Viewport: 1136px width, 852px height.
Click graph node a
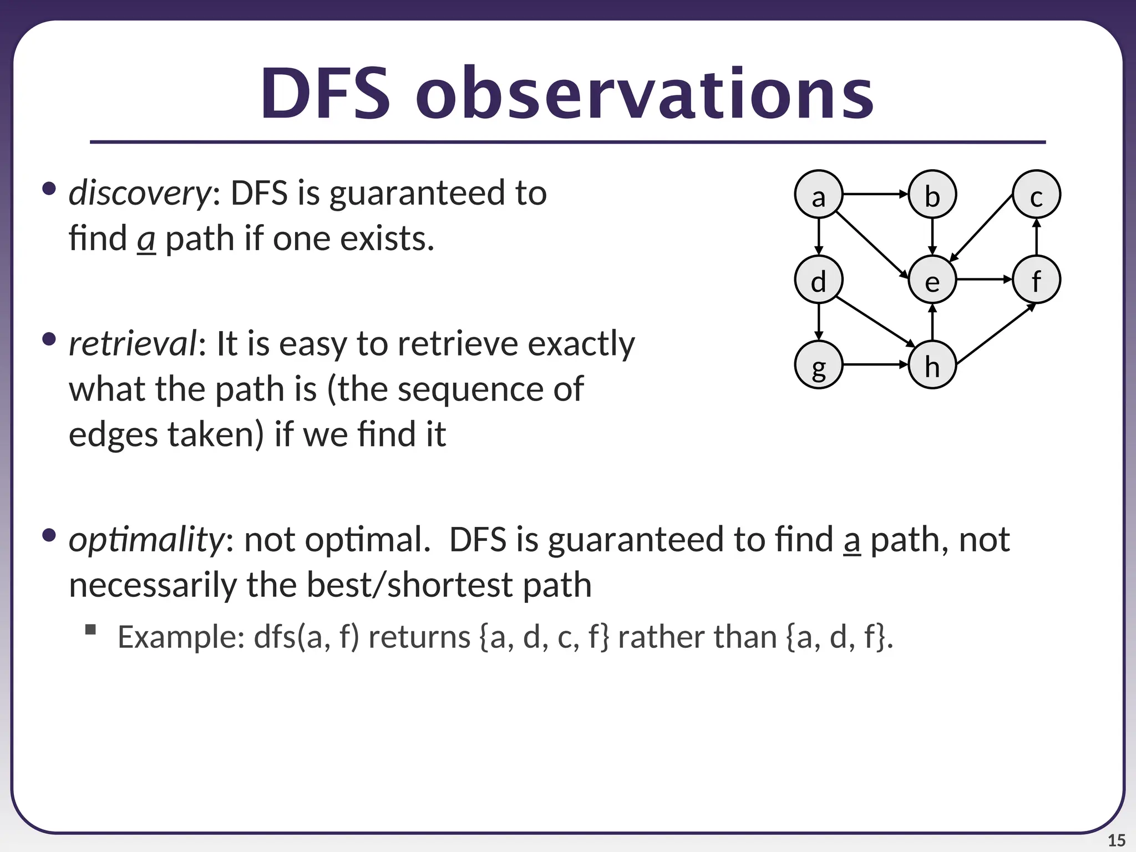pos(818,195)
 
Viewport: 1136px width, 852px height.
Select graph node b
pos(932,195)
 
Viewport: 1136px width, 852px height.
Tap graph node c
pos(1036,195)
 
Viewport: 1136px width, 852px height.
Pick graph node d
pos(818,280)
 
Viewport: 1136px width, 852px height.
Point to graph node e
pos(932,280)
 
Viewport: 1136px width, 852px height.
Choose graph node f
pos(1036,280)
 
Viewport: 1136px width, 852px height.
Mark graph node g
pos(818,365)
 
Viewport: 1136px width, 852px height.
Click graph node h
pos(932,365)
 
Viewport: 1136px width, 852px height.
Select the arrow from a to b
pos(875,194)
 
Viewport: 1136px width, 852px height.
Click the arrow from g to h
pos(875,364)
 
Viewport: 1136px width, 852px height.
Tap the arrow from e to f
pos(985,280)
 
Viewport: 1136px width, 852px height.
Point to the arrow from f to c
pos(1036,237)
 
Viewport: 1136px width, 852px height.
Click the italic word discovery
pos(139,194)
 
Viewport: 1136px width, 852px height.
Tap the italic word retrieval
pos(133,344)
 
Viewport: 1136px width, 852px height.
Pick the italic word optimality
pos(146,539)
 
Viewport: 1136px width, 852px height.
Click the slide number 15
pos(1116,840)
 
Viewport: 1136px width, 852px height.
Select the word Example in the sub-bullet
pos(181,637)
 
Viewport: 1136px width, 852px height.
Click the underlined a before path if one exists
pos(146,240)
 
